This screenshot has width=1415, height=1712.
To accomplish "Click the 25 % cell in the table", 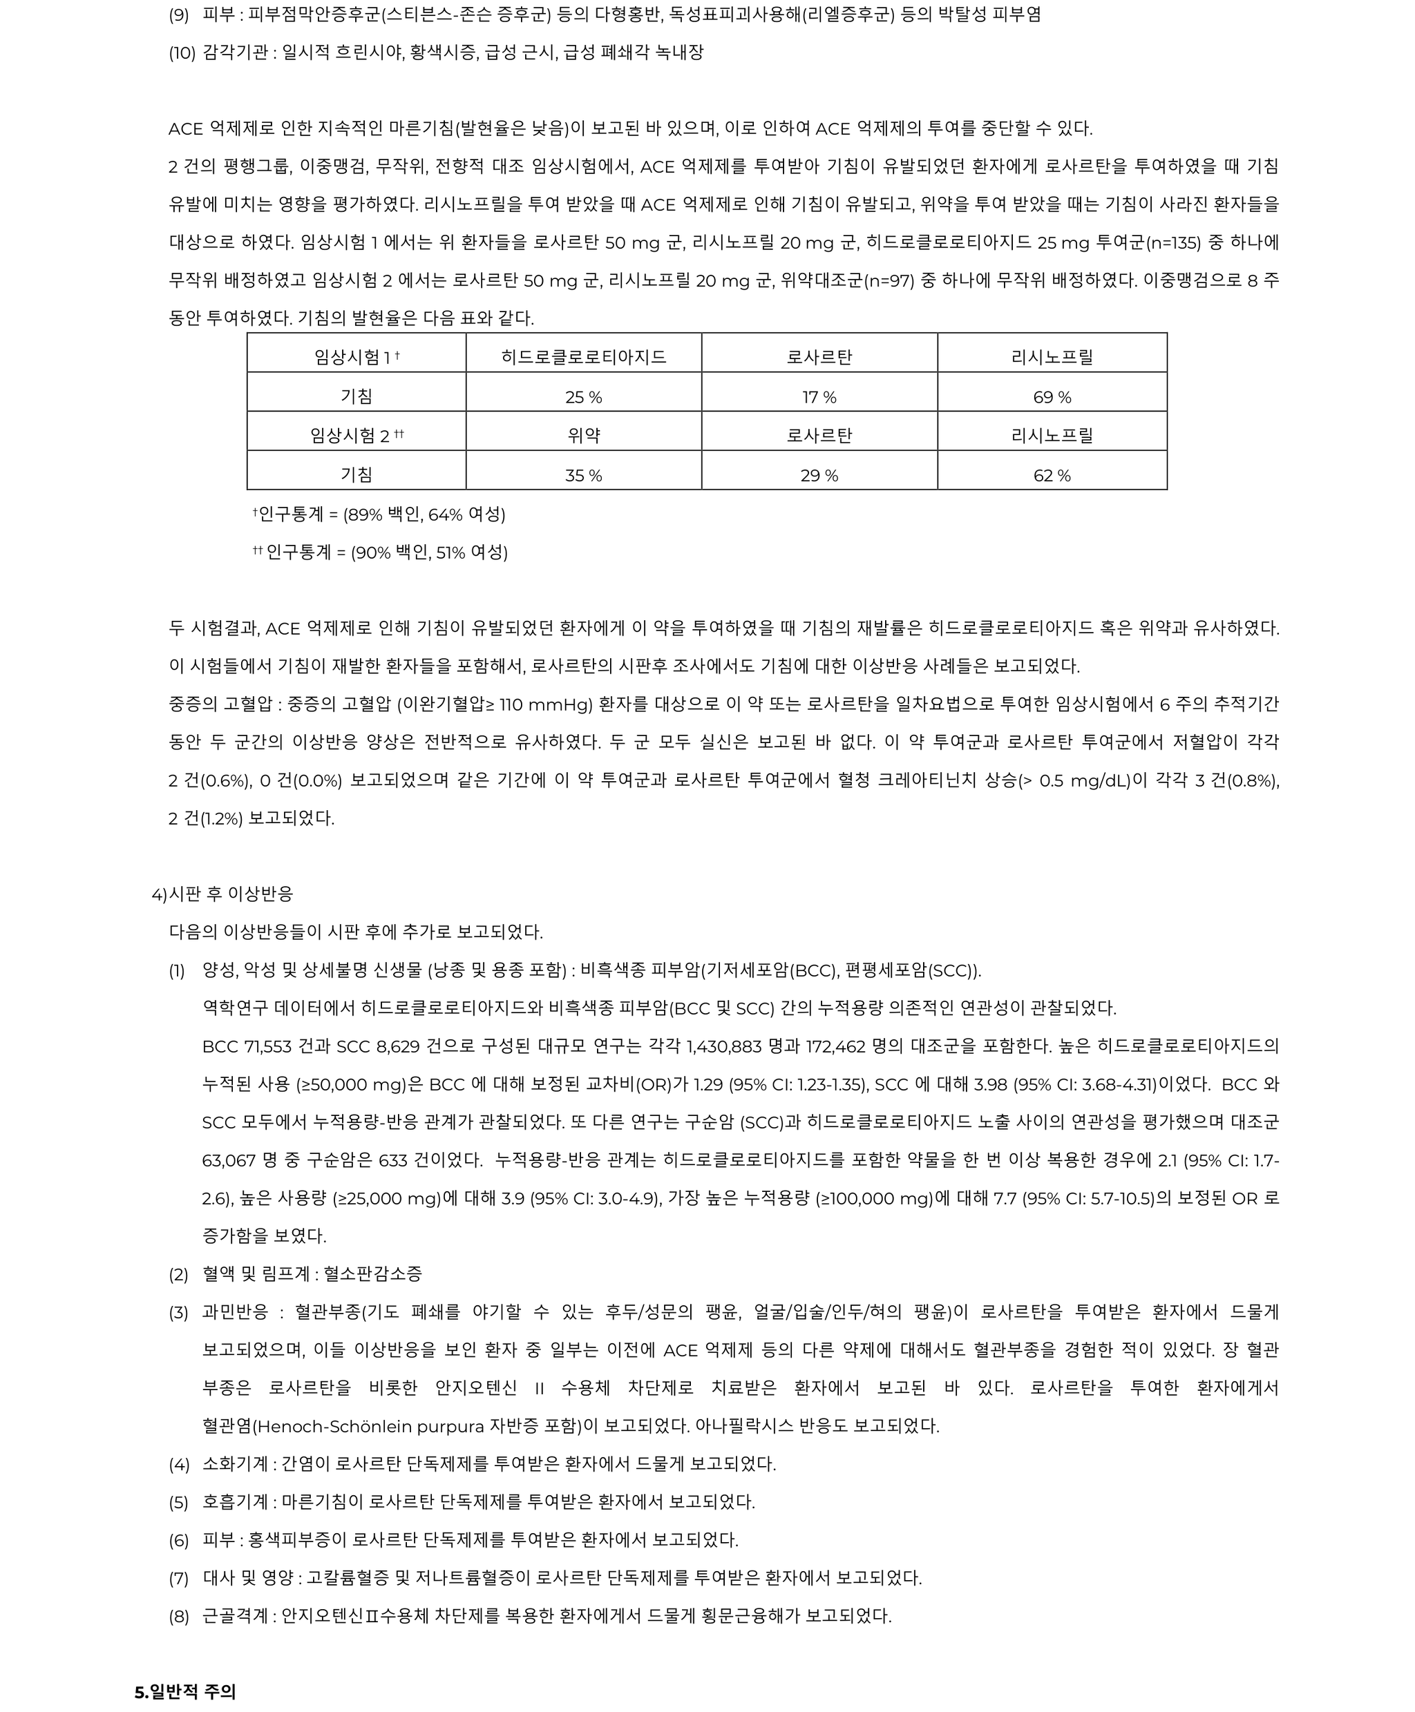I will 584,397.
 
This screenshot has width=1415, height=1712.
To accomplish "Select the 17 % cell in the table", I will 819,397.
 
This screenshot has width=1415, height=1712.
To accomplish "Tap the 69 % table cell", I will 1052,397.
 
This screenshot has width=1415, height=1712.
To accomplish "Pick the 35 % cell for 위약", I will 584,475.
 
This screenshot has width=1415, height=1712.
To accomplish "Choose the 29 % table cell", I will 819,475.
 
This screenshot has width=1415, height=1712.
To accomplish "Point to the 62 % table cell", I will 1052,475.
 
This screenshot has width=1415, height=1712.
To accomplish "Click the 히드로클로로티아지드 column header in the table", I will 584,356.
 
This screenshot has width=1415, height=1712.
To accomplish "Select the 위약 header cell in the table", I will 584,435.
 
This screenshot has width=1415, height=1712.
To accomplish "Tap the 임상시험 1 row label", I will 357,356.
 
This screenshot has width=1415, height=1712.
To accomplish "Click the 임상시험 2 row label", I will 357,435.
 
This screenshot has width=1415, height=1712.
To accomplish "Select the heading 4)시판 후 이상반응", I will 222,894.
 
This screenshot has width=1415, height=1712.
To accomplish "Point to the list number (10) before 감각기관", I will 182,53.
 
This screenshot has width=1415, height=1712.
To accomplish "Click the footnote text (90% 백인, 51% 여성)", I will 429,552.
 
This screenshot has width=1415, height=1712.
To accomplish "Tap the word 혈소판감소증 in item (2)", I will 372,1273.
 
